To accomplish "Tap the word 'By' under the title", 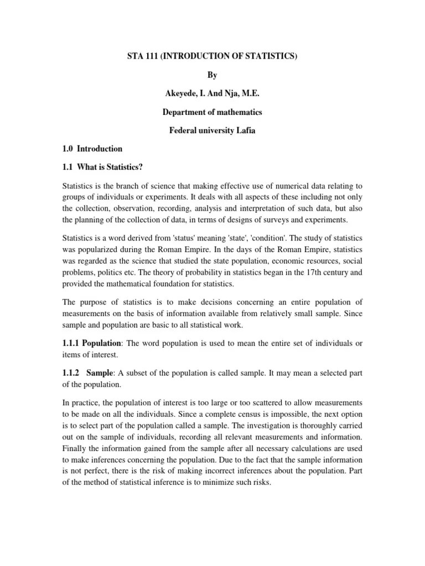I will pos(212,75).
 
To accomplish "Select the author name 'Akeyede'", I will pos(180,93).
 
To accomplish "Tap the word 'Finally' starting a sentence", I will pos(75,448).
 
